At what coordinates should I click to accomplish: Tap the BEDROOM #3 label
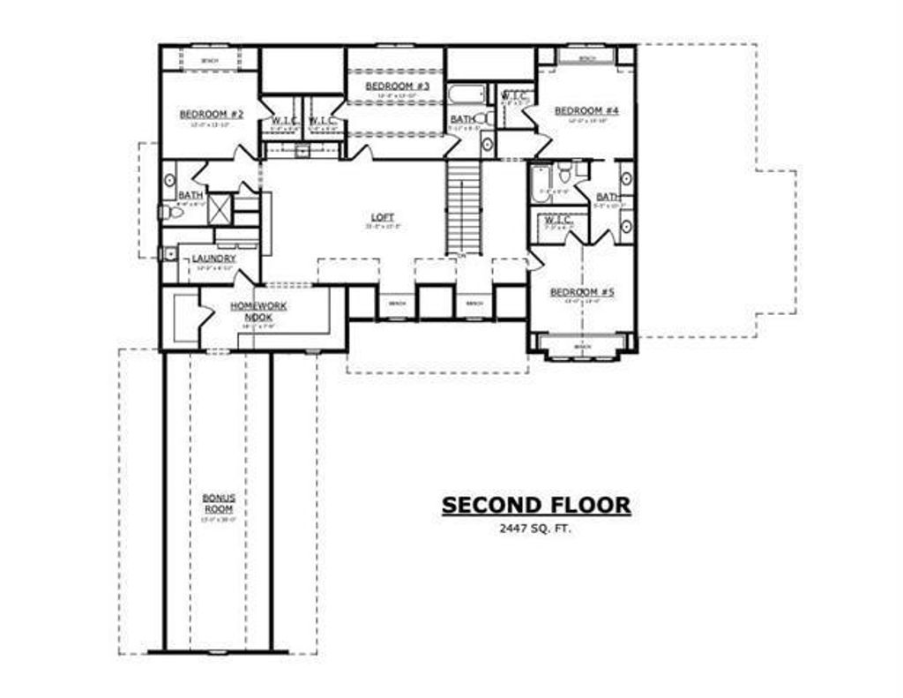[397, 86]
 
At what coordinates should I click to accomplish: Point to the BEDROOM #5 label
[582, 292]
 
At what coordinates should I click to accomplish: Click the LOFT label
[383, 217]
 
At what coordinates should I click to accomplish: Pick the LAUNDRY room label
[213, 259]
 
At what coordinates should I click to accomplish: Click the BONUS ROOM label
[217, 503]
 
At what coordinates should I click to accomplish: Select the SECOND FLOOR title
[536, 506]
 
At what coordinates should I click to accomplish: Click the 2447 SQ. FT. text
[536, 529]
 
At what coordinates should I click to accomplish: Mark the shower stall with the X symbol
[219, 209]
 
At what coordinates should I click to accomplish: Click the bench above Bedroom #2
[209, 60]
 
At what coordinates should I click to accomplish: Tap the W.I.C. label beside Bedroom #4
[514, 95]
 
